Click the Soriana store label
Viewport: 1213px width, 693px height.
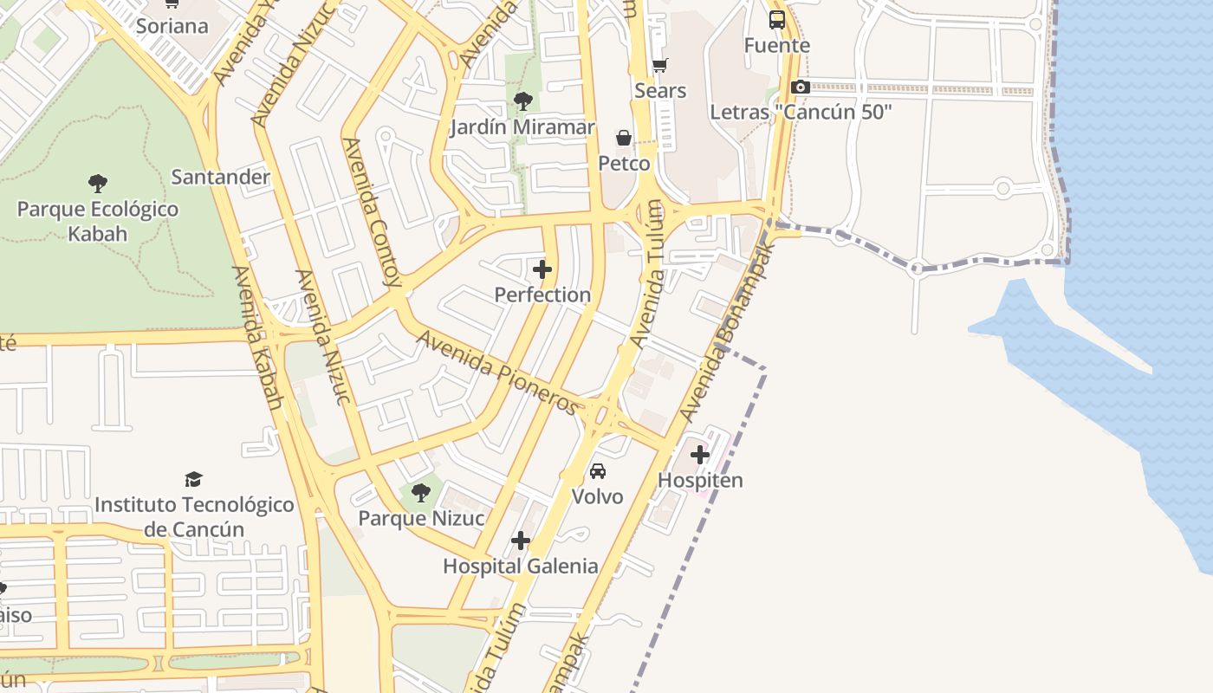coord(172,26)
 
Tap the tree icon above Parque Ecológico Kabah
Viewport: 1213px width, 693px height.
coord(98,183)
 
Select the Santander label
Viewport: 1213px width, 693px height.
coord(221,178)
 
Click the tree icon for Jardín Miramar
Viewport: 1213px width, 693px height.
coord(522,101)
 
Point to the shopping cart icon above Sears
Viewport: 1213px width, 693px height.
coord(660,65)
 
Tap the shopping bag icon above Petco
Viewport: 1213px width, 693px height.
coord(623,138)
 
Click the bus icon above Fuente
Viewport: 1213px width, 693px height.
coord(777,19)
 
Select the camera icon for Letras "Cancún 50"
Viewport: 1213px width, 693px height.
coord(801,87)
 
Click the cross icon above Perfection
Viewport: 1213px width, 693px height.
coord(542,269)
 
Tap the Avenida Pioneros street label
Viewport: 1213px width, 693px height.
coord(497,372)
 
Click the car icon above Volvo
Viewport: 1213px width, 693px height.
coord(598,471)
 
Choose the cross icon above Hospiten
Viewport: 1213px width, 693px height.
coord(700,455)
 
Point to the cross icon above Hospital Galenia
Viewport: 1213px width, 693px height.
coord(520,541)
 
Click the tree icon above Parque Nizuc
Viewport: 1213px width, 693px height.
coord(421,493)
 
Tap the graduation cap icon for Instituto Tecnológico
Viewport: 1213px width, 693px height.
coord(194,479)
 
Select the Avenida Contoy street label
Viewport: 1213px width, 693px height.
coord(373,211)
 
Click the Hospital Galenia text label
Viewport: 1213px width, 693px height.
coord(520,567)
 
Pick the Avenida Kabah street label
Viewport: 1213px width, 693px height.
coord(257,338)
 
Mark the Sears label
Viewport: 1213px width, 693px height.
coord(660,91)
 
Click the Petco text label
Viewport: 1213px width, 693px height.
coord(624,164)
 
